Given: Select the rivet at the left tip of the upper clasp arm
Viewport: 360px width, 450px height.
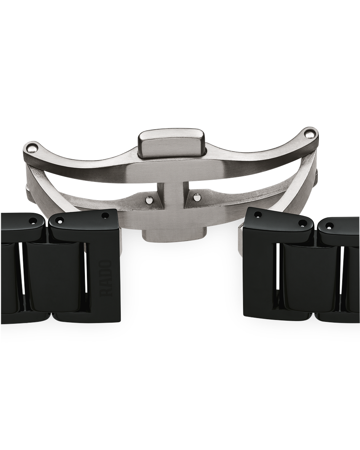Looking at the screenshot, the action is pos(32,148).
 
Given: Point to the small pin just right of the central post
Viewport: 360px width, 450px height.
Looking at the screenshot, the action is pos(196,198).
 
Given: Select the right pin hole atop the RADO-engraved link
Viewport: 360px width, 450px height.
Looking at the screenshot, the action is pos(105,215).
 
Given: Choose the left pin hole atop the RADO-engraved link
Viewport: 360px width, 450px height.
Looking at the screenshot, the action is pos(60,221).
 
